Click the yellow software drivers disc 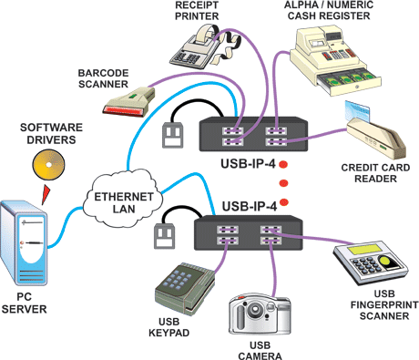[48, 165]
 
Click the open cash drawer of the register [349, 81]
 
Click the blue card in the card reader [357, 111]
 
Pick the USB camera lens [254, 309]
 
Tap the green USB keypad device [185, 289]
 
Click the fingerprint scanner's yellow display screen [366, 249]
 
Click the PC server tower [25, 242]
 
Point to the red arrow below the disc [46, 194]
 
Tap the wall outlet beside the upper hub [173, 135]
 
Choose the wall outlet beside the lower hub [165, 236]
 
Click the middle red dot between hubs [283, 183]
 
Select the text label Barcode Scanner [103, 78]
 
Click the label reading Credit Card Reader [375, 173]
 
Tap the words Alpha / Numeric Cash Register [329, 10]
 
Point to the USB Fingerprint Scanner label [384, 304]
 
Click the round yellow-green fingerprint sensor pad [385, 261]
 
